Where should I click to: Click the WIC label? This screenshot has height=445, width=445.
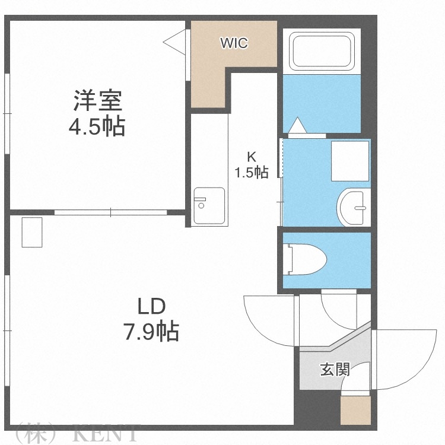tap(234, 43)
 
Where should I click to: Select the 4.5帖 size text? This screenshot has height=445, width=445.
tap(98, 127)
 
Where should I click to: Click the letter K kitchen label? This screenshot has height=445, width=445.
tap(252, 157)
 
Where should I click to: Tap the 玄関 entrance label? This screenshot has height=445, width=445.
tap(335, 370)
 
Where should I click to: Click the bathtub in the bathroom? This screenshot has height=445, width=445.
tap(322, 50)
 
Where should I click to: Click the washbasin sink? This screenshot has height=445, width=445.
tap(355, 208)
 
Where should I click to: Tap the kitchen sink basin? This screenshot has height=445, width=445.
tap(209, 206)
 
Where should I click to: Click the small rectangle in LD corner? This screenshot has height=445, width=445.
tap(33, 232)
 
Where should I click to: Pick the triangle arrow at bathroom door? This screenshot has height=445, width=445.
tap(297, 125)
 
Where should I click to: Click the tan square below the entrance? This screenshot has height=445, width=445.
tap(355, 410)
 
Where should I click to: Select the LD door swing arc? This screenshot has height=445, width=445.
tap(267, 320)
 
